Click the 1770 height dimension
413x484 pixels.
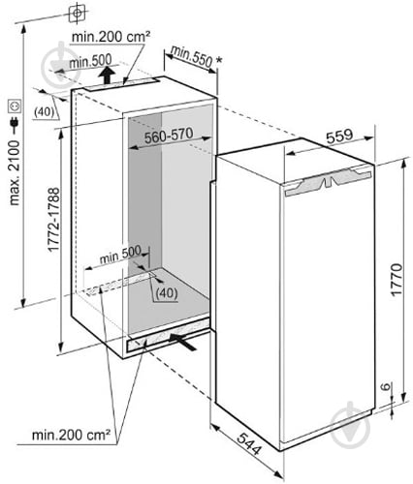pos(397,279)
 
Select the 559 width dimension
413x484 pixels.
pos(339,136)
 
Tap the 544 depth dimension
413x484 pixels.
pos(249,443)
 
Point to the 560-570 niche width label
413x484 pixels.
pos(169,136)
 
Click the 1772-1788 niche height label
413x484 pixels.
pos(53,220)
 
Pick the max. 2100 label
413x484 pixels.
pos(15,172)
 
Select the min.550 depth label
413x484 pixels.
pos(191,57)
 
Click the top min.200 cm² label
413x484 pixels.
pos(111,37)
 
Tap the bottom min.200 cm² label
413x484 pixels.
pos(71,436)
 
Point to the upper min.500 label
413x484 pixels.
pos(90,61)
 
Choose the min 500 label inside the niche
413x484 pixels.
pos(120,255)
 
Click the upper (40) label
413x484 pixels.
pos(44,112)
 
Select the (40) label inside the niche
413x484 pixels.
pos(166,293)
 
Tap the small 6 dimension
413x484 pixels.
pos(387,386)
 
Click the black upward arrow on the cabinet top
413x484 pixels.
pos(107,76)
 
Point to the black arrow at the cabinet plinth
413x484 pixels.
pos(183,342)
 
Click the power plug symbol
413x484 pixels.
pos(15,123)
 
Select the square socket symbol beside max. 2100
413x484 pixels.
pos(15,106)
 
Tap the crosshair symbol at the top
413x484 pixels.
pos(78,14)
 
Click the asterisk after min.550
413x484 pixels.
pos(219,60)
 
